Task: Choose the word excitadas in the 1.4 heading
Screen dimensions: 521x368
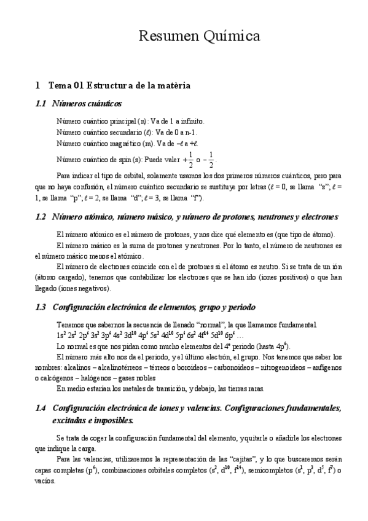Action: pos(71,420)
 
